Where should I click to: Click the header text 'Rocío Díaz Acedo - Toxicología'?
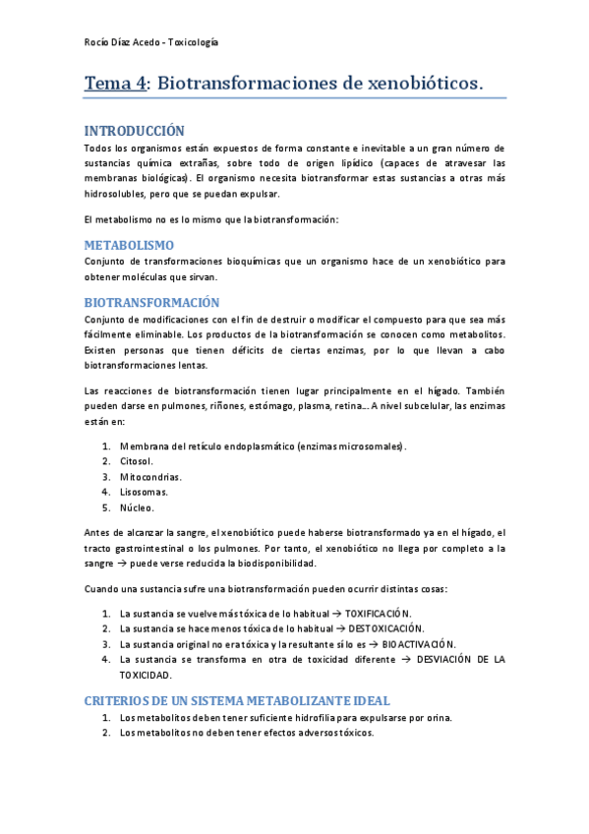click(x=151, y=42)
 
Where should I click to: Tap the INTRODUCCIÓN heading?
click(x=134, y=130)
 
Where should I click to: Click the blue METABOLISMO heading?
click(x=129, y=245)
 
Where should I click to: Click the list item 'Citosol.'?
click(x=137, y=460)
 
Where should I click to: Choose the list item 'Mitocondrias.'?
click(x=150, y=476)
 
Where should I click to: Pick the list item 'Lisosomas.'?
click(x=144, y=492)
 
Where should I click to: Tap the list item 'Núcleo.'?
click(x=138, y=507)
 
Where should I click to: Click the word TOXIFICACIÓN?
click(x=379, y=613)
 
